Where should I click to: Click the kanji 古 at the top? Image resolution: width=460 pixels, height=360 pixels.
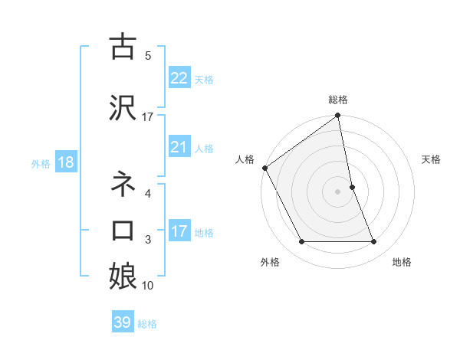pos(123,47)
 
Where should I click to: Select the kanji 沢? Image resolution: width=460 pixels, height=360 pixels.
pos(123,106)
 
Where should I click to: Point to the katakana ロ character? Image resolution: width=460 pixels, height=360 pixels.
pos(123,231)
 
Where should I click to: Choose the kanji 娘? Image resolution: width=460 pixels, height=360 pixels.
pos(123,276)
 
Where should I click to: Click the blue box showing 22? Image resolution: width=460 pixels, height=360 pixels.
pos(179,78)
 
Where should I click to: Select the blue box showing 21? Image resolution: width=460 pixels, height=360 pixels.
pos(179,147)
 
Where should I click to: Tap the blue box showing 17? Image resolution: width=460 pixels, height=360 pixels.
pos(179,231)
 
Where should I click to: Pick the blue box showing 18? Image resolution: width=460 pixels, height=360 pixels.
pos(65,162)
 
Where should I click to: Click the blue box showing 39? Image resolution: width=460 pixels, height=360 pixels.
pos(123,322)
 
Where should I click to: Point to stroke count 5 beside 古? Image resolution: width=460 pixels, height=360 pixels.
pos(148,56)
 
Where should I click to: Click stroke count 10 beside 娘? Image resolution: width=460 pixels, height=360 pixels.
pos(148,286)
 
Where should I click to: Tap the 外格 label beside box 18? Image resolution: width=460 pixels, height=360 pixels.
pos(41,163)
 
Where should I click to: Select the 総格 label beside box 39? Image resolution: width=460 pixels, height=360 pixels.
pos(148,324)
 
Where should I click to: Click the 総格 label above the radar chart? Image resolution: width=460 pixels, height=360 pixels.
pos(338,100)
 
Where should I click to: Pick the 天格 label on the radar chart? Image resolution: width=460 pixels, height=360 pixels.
pos(432,159)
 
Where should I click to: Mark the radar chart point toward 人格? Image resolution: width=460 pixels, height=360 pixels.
pos(264,168)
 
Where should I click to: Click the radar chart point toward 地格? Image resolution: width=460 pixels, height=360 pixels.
pos(374,242)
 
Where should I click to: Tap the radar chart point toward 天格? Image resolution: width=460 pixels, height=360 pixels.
pos(352,187)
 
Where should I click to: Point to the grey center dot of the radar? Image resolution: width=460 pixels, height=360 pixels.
pos(337,191)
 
